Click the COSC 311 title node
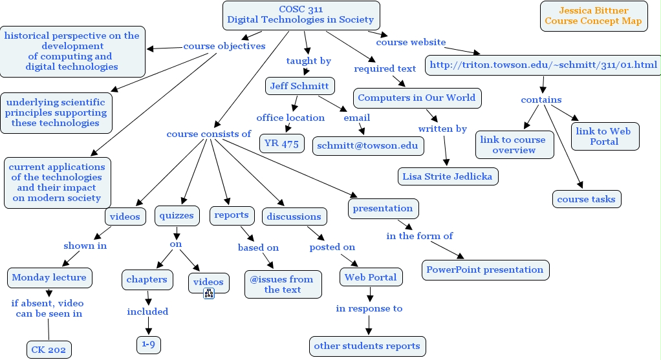click(301, 15)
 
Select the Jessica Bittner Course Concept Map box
click(593, 16)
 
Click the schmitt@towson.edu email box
click(368, 145)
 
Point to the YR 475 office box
click(282, 143)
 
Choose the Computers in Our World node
click(417, 98)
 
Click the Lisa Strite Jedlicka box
click(448, 176)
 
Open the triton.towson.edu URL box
click(543, 65)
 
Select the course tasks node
click(587, 199)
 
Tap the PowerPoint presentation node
click(485, 270)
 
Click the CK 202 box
click(49, 350)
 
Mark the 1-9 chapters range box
click(148, 344)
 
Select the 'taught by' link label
click(309, 61)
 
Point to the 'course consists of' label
click(208, 134)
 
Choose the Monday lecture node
click(49, 277)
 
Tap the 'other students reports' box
click(367, 346)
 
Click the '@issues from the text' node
click(283, 284)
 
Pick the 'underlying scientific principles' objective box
click(56, 113)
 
